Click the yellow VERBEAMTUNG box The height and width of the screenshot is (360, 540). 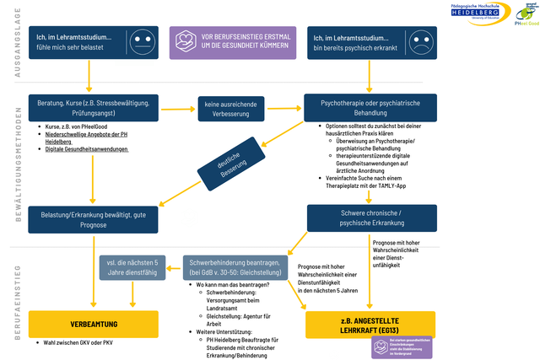93,323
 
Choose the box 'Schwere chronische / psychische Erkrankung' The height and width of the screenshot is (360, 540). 370,218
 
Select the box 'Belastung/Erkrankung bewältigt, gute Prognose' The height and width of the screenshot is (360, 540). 93,218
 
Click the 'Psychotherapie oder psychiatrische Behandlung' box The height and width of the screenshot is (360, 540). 370,109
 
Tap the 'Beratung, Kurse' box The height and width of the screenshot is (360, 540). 93,109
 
